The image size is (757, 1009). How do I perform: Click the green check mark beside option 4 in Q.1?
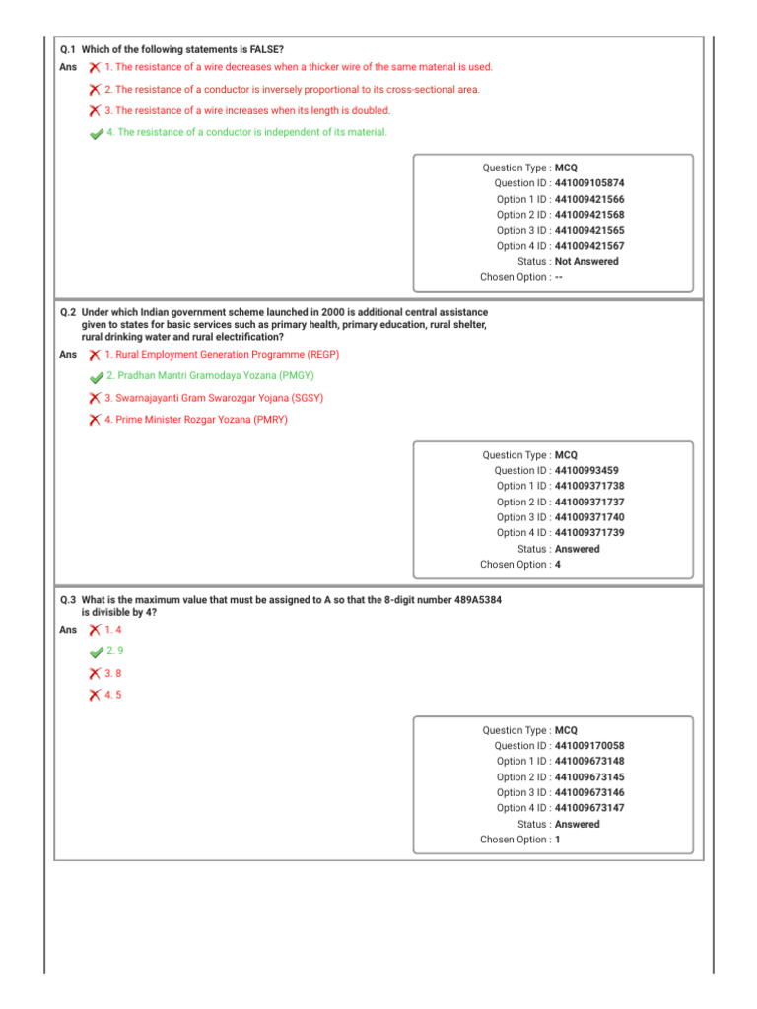coord(96,134)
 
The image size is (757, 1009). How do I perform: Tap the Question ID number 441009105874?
coord(588,183)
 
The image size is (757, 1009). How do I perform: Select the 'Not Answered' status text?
coord(586,262)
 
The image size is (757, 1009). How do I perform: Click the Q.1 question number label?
coord(68,48)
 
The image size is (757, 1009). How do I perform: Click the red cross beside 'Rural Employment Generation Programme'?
coord(94,354)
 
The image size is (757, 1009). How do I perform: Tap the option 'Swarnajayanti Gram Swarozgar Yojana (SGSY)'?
coord(214,398)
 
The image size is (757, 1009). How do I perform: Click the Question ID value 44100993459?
coord(586,471)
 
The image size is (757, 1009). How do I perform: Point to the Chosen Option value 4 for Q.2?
coord(558,565)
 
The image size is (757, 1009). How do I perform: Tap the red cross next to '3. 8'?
coord(94,674)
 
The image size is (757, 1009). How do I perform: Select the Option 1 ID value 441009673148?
coord(588,762)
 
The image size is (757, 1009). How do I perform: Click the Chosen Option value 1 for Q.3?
coord(558,840)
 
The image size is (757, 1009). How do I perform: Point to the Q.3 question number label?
coord(68,600)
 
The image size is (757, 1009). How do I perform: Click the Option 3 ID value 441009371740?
coord(588,517)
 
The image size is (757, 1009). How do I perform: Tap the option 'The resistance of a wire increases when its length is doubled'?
coord(247,111)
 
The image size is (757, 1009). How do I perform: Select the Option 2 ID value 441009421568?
coord(588,215)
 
